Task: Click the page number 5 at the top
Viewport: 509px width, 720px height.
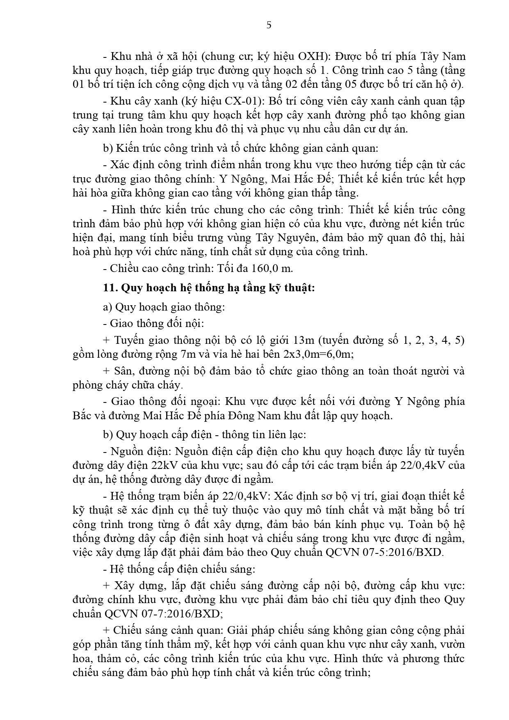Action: coord(269,25)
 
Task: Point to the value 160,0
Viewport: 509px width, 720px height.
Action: coord(267,268)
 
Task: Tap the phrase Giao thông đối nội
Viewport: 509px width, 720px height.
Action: coord(157,323)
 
